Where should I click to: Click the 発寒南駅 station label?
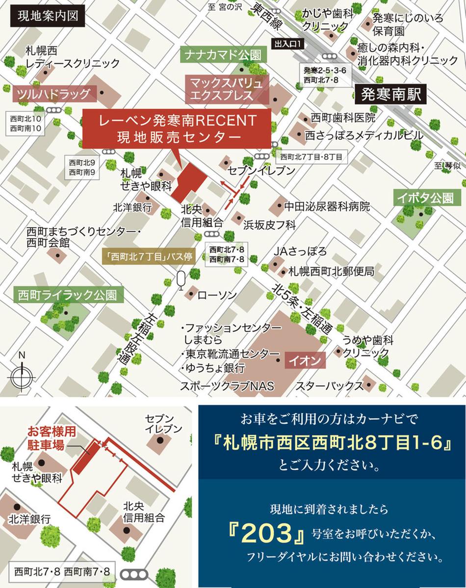click(391, 94)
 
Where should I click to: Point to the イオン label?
click(305, 361)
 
